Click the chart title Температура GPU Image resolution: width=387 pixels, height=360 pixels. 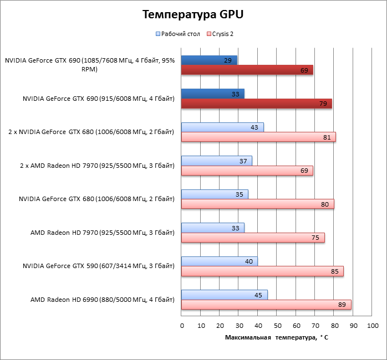click(193, 14)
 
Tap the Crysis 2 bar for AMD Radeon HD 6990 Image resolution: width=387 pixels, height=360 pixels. click(266, 305)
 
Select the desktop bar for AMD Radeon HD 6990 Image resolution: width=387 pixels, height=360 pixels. click(225, 295)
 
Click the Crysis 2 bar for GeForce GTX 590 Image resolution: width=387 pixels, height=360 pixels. click(262, 271)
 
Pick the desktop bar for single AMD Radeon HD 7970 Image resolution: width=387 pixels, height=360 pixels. click(213, 228)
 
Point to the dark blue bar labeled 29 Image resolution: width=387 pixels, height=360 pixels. click(209, 60)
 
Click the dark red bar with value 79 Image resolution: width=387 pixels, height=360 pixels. click(257, 104)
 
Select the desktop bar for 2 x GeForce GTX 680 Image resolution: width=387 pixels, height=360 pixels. click(222, 127)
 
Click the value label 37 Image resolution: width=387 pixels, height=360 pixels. click(244, 161)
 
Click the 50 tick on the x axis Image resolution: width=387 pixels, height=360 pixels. click(277, 325)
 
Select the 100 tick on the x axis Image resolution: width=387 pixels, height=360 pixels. click(373, 325)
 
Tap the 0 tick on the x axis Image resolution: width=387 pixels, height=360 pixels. click(182, 325)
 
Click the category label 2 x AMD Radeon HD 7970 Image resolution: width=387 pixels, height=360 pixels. click(91, 166)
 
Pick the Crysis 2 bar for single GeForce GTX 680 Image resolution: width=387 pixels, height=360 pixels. click(258, 204)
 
